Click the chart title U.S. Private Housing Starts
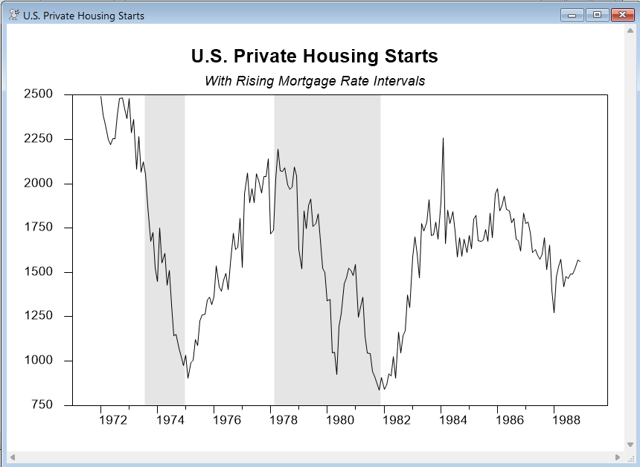point(314,57)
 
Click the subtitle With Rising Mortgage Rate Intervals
point(314,81)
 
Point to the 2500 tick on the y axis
point(38,94)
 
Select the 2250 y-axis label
point(38,139)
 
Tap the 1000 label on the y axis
point(38,361)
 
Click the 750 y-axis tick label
point(41,405)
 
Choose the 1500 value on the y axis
point(38,272)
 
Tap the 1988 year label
point(568,420)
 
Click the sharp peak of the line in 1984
point(443,138)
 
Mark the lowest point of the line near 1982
point(379,389)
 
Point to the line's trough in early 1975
point(188,377)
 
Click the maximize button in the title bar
point(596,15)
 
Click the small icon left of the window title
point(13,15)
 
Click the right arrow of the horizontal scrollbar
point(618,457)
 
